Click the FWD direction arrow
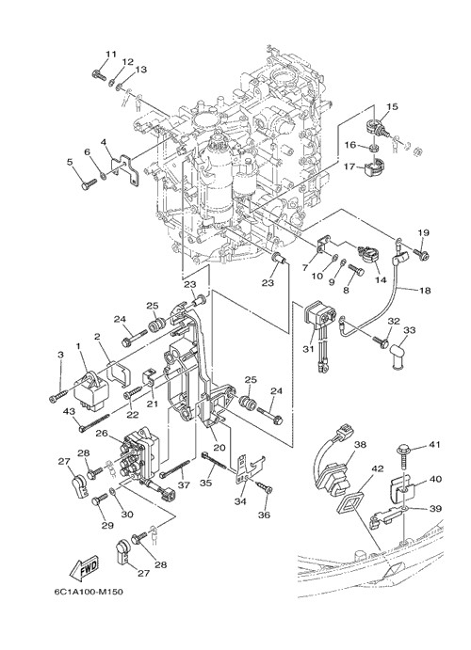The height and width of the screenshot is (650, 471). [x=83, y=568]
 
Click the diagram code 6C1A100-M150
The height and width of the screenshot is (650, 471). [x=89, y=592]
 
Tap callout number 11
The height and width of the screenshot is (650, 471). [x=111, y=55]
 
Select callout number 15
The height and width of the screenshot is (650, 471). [x=392, y=106]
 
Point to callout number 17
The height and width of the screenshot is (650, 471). [x=349, y=166]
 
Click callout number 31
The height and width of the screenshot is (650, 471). [x=308, y=350]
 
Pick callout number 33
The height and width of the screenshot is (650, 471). [x=410, y=330]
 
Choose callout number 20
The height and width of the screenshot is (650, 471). [x=219, y=448]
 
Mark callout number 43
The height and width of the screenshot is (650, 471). [x=69, y=411]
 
